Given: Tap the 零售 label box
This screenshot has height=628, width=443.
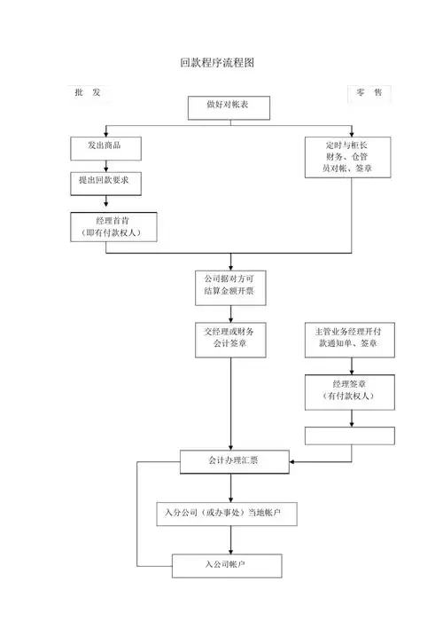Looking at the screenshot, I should tap(370, 92).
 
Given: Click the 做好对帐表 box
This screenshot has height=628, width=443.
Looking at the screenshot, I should tap(233, 106).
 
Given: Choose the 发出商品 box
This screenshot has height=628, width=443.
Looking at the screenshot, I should tap(106, 145).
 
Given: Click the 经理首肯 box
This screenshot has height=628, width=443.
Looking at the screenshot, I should tap(114, 225).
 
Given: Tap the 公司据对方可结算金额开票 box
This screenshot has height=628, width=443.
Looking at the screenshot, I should tap(230, 286).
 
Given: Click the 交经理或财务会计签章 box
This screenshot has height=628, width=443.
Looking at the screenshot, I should tap(230, 339).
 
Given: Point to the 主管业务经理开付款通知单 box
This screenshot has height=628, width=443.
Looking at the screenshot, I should tap(349, 338).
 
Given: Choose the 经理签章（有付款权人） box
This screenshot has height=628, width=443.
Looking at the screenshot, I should tap(349, 390).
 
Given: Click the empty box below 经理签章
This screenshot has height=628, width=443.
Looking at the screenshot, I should tap(349, 436).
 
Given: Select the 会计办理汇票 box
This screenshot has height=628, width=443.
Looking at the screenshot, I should tap(231, 461).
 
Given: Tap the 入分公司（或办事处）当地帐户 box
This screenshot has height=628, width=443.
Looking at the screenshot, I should tap(229, 513).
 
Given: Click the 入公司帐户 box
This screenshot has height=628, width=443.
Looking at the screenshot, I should tap(226, 565).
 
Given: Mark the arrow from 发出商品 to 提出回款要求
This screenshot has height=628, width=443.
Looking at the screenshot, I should tap(106, 164).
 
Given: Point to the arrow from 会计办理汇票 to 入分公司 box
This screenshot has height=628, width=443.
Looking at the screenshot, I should tap(231, 486).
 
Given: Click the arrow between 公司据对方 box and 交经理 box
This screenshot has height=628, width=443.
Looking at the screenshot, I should tap(231, 312).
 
